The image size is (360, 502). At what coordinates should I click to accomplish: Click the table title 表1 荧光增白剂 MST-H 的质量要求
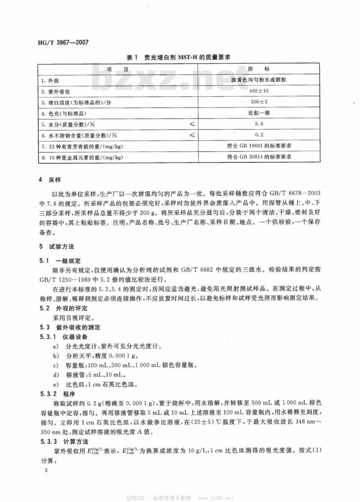(x=180, y=58)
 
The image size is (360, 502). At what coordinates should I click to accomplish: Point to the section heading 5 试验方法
(x=53, y=247)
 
